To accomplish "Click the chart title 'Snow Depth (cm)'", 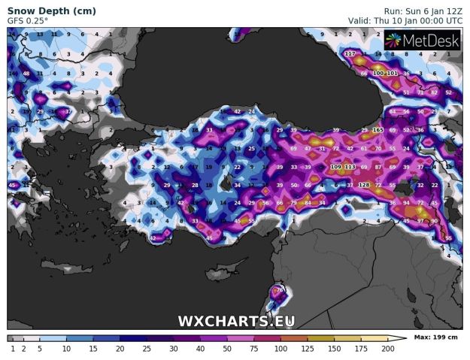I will pos(42,11).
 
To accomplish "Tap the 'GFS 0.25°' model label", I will pos(28,21).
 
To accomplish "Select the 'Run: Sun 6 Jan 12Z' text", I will pos(423,11).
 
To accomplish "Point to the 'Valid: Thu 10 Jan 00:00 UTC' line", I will pos(406,21).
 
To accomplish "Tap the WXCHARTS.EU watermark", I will pos(236,321).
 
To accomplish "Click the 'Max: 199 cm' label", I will pos(436,338).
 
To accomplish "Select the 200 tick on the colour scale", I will pos(387,349).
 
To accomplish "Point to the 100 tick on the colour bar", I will pos(280,349).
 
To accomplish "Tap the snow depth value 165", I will pos(378,131).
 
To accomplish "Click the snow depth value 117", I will pos(350,54).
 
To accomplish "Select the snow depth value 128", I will pos(364,185).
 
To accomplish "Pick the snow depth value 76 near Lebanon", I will pos(280,290).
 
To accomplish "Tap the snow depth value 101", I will pos(392,74).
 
